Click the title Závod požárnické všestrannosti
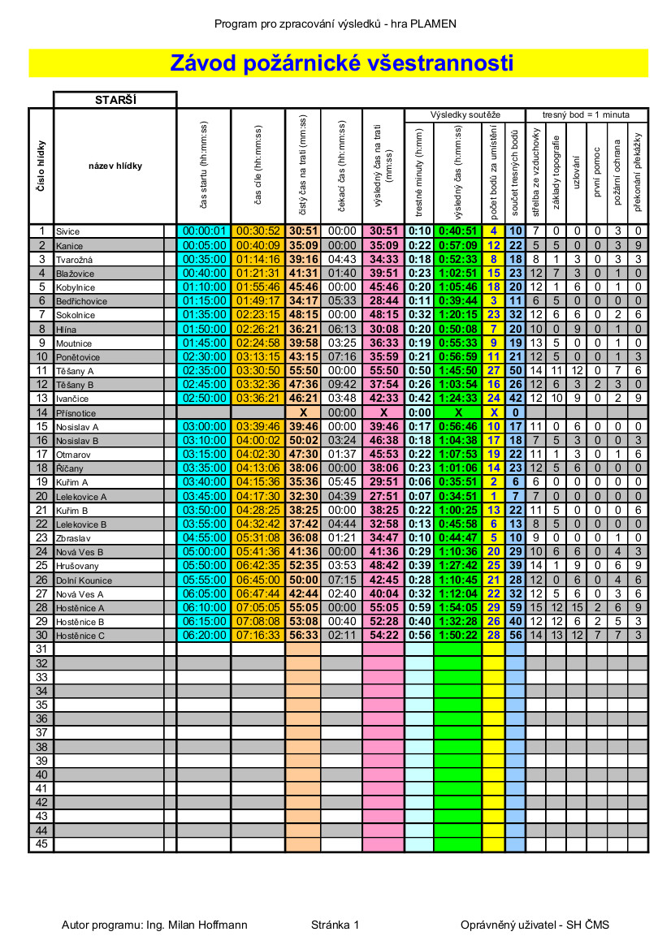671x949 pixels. click(341, 63)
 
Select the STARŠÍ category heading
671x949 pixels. click(115, 100)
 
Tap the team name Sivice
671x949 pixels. click(68, 231)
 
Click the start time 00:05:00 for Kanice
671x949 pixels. click(204, 245)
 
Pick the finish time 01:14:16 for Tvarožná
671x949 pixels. click(258, 259)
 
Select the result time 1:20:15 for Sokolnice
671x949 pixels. click(458, 315)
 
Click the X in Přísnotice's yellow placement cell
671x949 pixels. click(494, 412)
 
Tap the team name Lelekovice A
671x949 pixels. click(81, 496)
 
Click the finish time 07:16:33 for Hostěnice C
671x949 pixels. click(258, 636)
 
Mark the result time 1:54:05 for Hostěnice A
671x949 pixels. click(458, 607)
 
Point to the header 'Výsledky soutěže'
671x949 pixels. click(465, 115)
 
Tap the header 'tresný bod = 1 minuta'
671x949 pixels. click(587, 115)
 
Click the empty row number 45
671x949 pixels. click(41, 844)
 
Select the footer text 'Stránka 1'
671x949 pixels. click(335, 925)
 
